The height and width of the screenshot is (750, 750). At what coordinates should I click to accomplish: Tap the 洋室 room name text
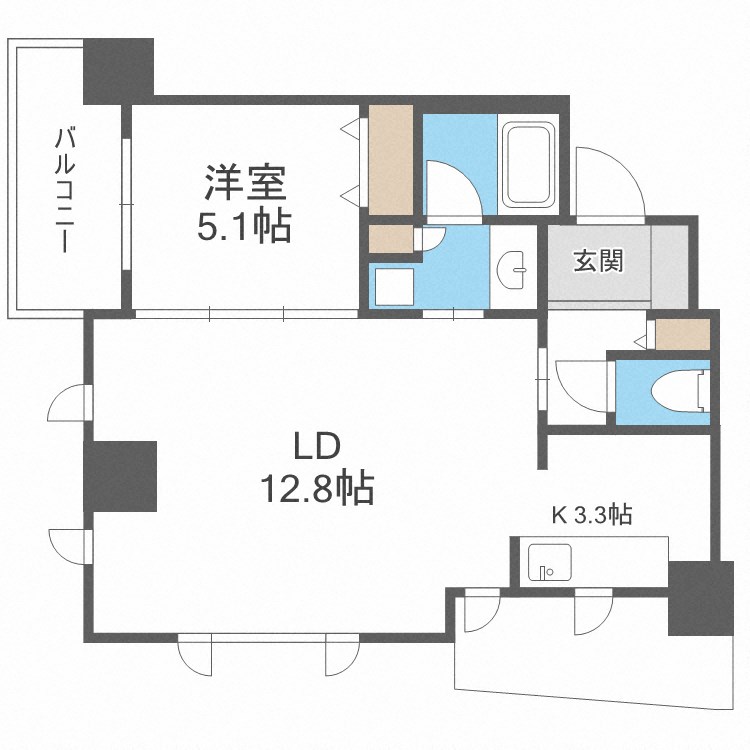click(247, 184)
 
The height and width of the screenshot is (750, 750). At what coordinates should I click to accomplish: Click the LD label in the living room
click(317, 444)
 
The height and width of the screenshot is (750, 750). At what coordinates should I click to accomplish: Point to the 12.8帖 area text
click(317, 489)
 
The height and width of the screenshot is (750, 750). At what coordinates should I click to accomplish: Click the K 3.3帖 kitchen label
click(592, 515)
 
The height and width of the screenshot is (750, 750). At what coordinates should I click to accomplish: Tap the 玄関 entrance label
click(598, 262)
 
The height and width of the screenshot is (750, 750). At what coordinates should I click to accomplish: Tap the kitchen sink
click(549, 565)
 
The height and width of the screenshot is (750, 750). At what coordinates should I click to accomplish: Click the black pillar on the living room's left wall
click(120, 475)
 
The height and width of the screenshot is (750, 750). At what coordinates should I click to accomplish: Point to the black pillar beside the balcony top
click(119, 70)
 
